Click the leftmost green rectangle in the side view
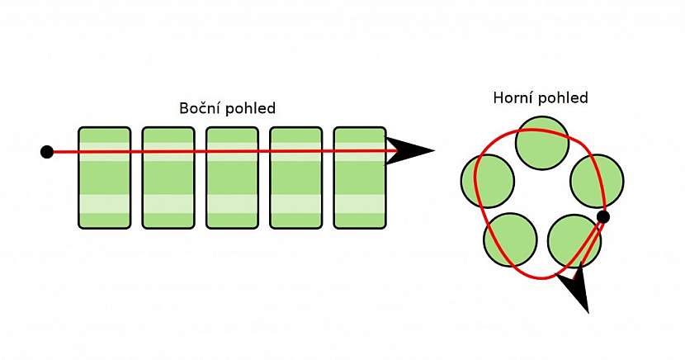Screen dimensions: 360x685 tap(104, 178)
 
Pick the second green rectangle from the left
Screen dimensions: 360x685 tap(168, 178)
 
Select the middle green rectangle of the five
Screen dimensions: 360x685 tap(232, 178)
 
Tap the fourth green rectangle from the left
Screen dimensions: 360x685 tap(295, 178)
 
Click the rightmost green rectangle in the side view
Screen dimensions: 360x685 tap(360, 178)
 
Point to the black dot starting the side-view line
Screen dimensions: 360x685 tap(47, 151)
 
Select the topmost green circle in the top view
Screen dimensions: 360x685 tap(541, 141)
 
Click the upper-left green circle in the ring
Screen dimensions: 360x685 tap(487, 181)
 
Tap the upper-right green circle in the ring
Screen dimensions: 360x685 tap(596, 181)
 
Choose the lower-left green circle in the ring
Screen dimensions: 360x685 tap(508, 240)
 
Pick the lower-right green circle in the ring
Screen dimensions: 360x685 tap(573, 239)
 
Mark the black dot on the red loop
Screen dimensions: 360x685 tap(603, 217)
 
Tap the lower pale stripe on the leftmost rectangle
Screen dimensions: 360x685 tap(104, 204)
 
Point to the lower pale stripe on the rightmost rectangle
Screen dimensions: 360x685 tap(360, 204)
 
